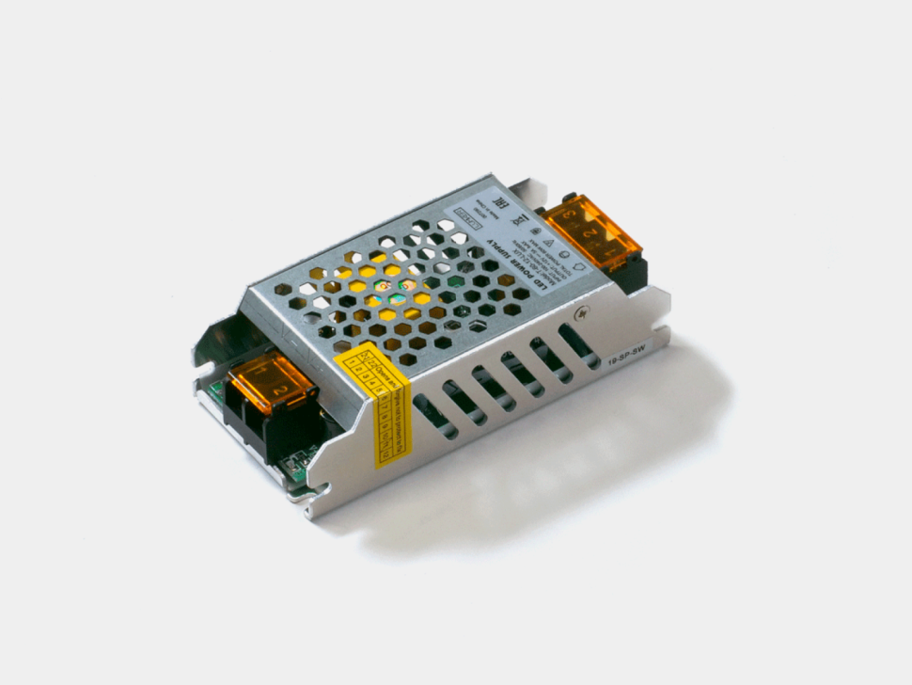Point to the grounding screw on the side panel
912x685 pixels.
tap(586, 314)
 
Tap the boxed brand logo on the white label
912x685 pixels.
tap(466, 215)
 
